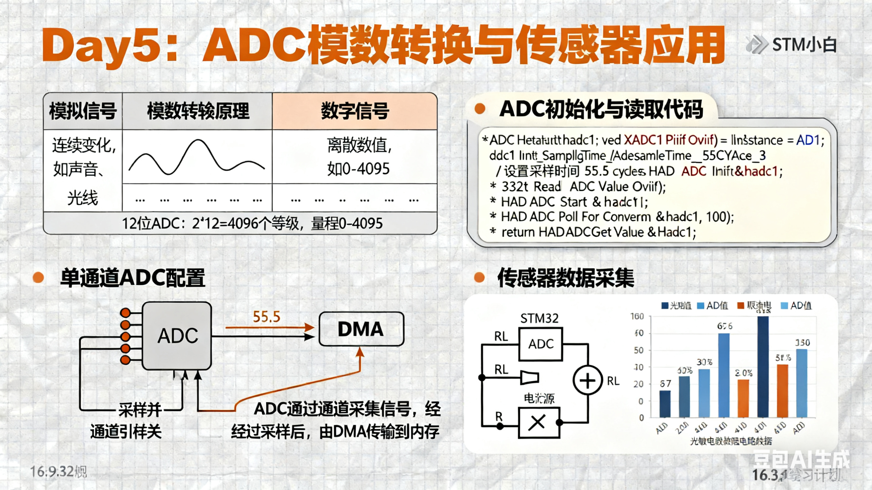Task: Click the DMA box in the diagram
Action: [x=361, y=329]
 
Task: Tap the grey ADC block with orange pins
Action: [x=177, y=335]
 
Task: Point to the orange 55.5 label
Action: [x=266, y=317]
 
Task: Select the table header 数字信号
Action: [x=355, y=111]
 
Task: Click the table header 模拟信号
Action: [x=83, y=111]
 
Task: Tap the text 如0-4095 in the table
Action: [x=358, y=169]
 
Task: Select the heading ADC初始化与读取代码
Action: [x=601, y=109]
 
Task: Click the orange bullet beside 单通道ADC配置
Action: [x=38, y=277]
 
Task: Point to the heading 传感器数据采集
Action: [x=565, y=278]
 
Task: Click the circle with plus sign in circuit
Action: [x=587, y=381]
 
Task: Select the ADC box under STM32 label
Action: [x=540, y=344]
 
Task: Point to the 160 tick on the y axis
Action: [x=637, y=316]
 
